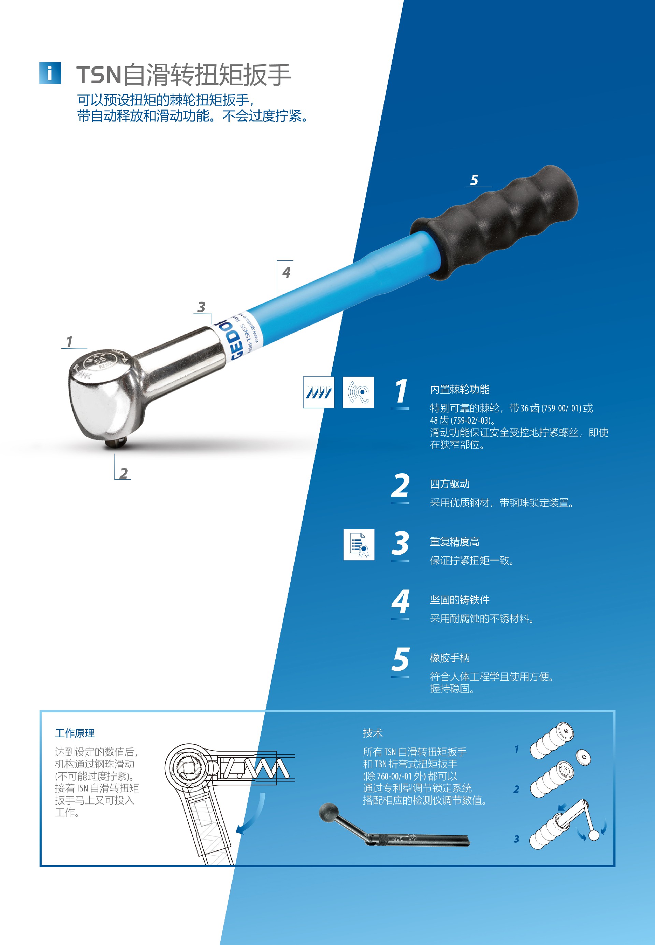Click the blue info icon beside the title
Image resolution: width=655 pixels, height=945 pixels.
(50, 73)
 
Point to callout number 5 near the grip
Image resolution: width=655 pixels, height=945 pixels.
(475, 180)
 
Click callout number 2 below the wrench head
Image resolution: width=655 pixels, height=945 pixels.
(123, 473)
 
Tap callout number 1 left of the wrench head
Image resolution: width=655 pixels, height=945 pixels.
(69, 342)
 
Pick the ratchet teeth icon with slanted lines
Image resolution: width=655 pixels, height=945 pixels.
(319, 392)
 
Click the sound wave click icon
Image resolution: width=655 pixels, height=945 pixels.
(358, 392)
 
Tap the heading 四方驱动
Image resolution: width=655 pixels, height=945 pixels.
(449, 484)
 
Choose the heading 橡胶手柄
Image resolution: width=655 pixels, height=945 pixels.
(449, 658)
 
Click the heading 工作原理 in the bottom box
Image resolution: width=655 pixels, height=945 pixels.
(75, 733)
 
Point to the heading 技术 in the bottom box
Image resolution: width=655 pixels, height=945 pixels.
(373, 733)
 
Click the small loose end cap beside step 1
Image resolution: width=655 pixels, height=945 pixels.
(583, 757)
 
